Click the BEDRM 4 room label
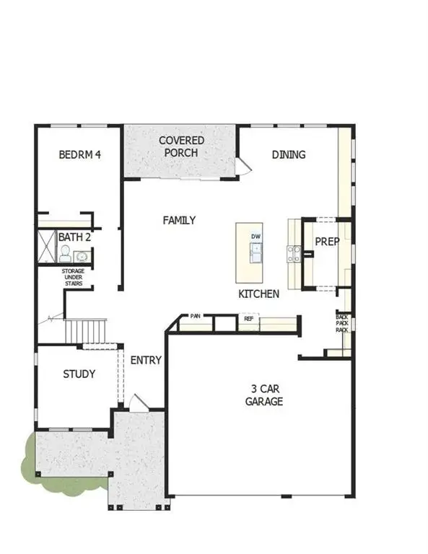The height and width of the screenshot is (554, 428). click(79, 154)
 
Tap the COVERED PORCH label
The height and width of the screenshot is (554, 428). click(181, 146)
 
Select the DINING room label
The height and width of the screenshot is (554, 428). click(289, 154)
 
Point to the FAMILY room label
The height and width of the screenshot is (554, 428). click(179, 220)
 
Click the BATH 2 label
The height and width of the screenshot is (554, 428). click(74, 237)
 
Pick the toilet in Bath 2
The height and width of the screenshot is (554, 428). click(65, 254)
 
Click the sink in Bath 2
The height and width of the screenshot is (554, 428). click(82, 256)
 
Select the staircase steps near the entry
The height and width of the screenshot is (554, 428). click(86, 331)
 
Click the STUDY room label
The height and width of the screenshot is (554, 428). click(79, 374)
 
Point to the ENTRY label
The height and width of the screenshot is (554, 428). click(146, 361)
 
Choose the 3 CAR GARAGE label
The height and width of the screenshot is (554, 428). click(263, 395)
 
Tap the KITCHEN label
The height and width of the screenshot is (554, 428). click(259, 294)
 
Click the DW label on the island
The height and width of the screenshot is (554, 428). click(256, 237)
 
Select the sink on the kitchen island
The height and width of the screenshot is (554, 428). click(256, 252)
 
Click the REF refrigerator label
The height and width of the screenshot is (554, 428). click(248, 318)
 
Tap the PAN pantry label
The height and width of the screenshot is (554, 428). click(195, 316)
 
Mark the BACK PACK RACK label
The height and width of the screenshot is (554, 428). click(342, 322)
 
